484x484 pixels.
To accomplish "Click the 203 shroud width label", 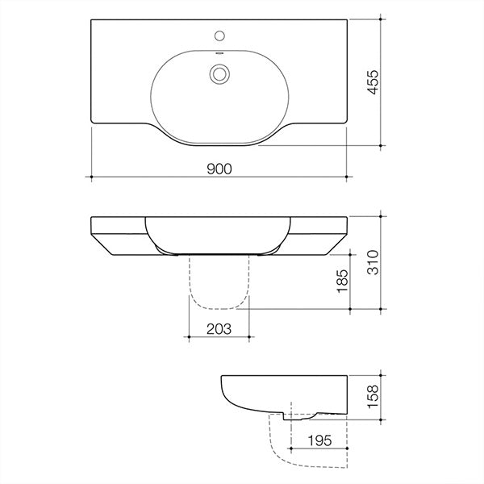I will click(219, 328).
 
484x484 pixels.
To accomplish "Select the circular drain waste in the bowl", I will click(219, 73).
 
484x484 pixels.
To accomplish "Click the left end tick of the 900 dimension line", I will click(91, 176).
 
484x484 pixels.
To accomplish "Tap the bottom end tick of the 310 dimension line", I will click(380, 308).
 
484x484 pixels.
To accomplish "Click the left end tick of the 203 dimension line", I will click(188, 336).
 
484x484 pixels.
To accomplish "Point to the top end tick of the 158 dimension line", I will click(380, 376).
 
